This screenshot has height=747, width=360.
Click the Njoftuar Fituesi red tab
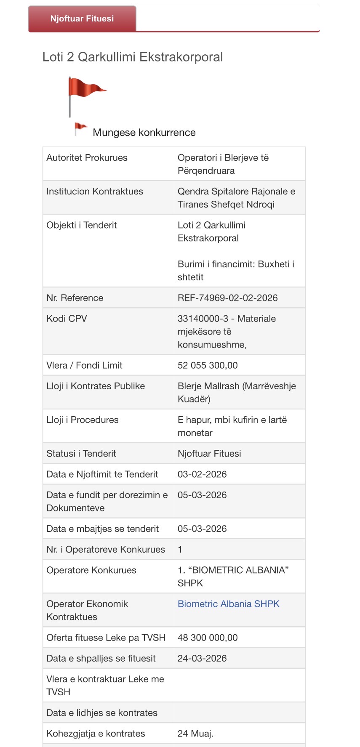[x=82, y=19]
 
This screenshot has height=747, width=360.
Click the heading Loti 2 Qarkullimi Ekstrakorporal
[x=133, y=57]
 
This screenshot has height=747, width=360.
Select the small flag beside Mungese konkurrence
[x=80, y=129]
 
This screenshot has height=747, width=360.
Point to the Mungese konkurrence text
[x=144, y=133]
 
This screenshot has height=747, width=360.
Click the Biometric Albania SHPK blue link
[x=228, y=604]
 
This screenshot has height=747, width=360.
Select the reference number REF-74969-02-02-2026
[x=227, y=298]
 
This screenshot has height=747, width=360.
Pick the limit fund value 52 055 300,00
[x=208, y=365]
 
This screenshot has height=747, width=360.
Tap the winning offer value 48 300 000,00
[x=208, y=638]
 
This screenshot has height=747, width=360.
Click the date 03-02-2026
[x=202, y=474]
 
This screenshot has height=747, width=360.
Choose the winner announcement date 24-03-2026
[x=202, y=658]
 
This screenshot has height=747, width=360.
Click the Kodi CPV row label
[x=67, y=319]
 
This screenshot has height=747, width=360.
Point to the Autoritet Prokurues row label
[x=87, y=158]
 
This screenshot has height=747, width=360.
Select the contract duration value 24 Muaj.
[x=195, y=734]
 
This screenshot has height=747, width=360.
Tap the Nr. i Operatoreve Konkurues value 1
[x=180, y=550]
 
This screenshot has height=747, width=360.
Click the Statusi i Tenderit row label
[x=81, y=454]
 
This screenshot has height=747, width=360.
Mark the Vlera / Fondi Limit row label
[x=84, y=365]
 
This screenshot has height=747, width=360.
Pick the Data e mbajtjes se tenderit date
[x=202, y=529]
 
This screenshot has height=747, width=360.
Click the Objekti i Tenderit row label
[x=82, y=225]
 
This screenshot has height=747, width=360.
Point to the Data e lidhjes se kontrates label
[x=102, y=713]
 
